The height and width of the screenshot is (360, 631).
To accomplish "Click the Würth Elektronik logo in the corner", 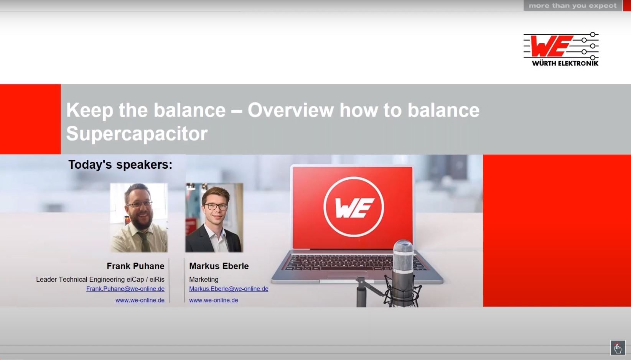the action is coord(561,49).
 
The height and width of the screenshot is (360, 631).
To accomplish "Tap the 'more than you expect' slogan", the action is coord(572,6).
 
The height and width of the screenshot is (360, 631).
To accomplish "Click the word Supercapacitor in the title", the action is coord(137,133).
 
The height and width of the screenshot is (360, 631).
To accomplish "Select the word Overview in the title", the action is coord(290,110).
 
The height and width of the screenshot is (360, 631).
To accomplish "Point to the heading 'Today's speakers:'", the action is coord(120,164).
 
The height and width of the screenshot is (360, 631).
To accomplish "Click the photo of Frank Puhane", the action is coord(139,218).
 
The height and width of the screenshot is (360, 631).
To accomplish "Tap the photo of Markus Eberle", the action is coord(214,218).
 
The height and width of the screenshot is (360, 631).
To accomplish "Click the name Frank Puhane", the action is coord(135,266).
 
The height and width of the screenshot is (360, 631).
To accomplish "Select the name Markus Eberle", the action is coord(219,266).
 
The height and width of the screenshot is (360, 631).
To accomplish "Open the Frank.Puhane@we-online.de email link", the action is coord(125,289).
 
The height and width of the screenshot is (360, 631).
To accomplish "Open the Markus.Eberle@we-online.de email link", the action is coord(229,289).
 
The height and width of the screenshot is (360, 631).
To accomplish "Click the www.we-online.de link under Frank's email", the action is coord(140,300).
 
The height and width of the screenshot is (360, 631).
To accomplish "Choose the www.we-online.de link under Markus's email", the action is coord(214,300).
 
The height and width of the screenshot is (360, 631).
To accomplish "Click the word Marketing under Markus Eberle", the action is coord(204,279).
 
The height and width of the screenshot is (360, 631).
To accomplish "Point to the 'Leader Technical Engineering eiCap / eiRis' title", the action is coord(100,279).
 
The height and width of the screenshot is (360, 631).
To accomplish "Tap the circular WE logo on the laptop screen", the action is coord(354,207).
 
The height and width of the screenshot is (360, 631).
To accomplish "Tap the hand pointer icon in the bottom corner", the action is coord(618,348).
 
